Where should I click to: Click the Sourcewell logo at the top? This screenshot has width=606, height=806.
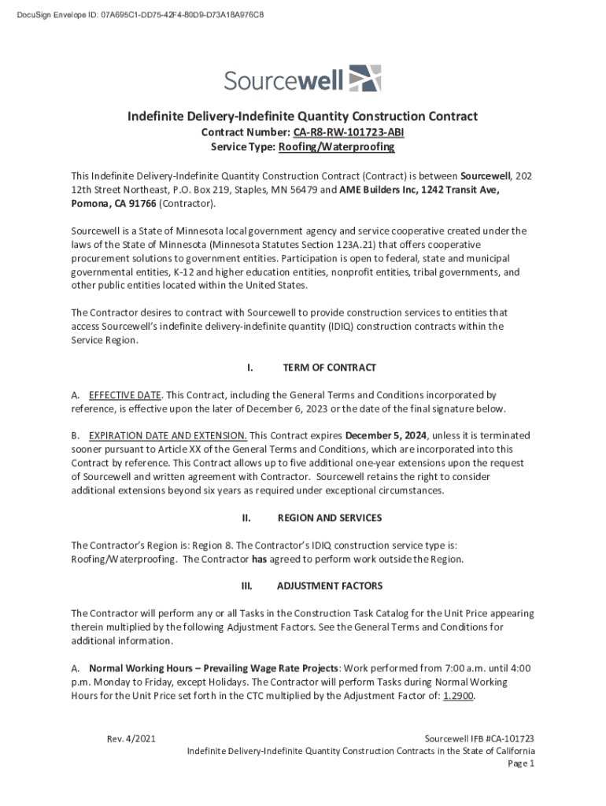pos(302,79)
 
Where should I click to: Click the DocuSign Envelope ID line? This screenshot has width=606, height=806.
pos(132,15)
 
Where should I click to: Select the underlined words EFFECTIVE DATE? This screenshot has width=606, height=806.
pos(125,394)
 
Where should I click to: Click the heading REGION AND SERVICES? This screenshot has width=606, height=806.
pos(329,518)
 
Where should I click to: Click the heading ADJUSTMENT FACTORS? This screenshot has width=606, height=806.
pos(329,586)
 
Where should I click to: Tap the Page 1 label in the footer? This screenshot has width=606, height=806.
pos(521,763)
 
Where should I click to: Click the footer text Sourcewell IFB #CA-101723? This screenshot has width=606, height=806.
pos(479,738)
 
